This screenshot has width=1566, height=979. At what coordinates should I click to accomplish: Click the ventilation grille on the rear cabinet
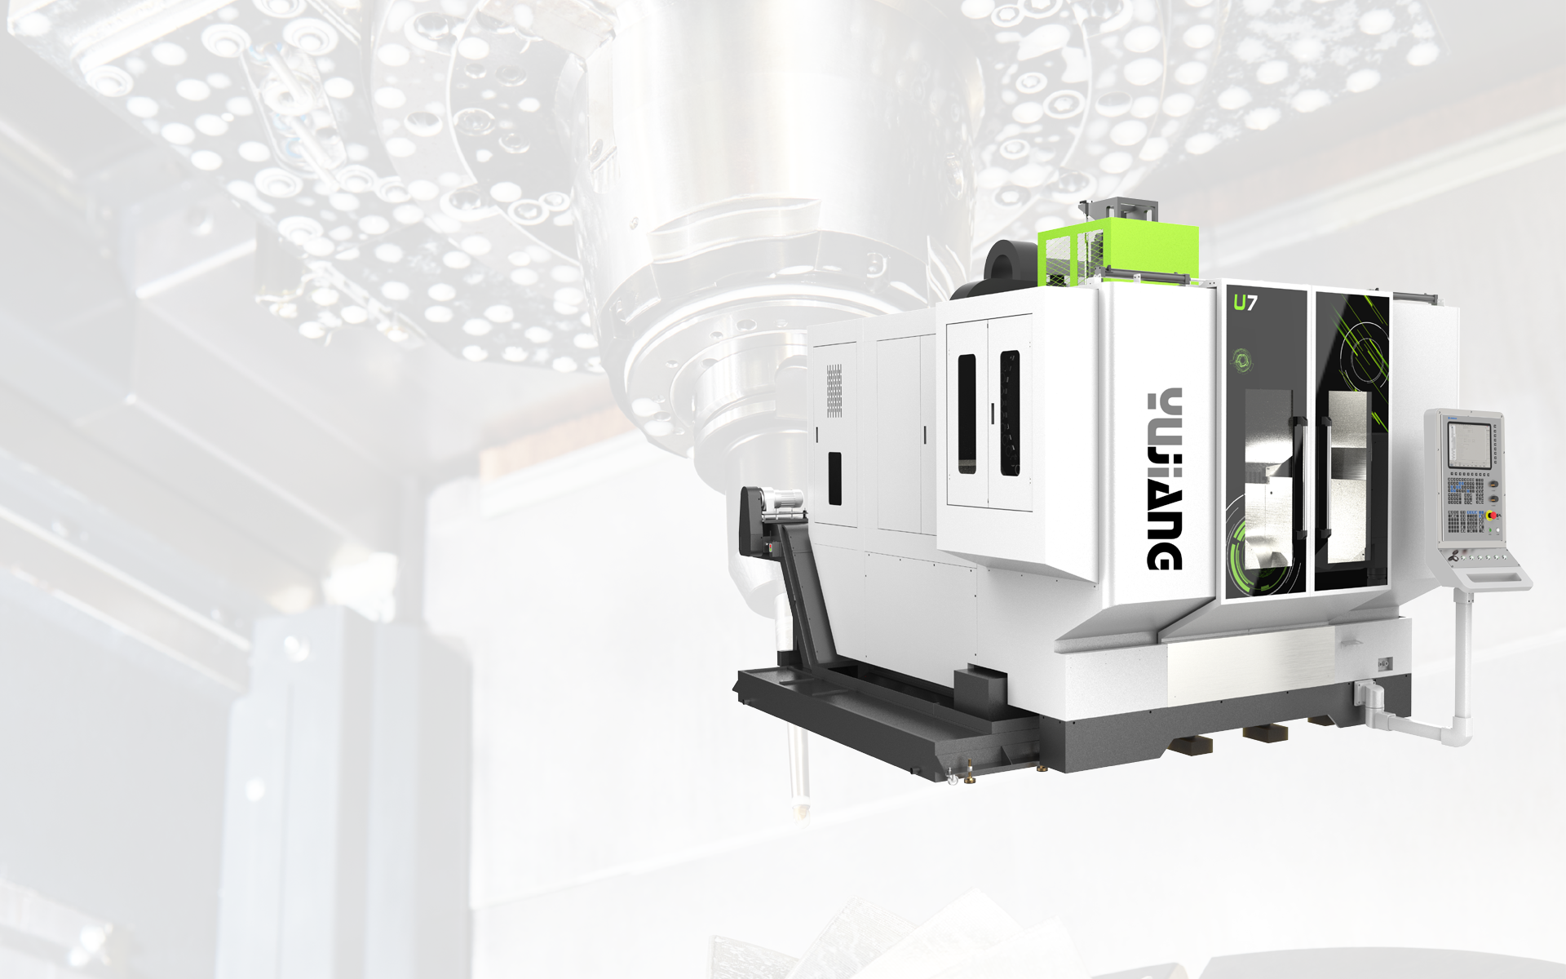point(834,390)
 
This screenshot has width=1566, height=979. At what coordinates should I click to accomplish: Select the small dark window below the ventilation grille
point(835,479)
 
